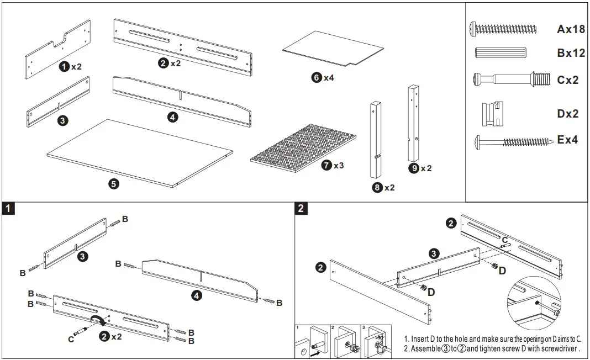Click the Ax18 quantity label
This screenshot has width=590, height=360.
coord(570,29)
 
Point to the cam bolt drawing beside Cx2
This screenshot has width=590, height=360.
coord(511,79)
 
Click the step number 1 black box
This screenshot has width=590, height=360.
coord(8,208)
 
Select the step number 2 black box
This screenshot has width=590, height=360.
coord(301,208)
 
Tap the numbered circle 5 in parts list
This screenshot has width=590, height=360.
coord(114,184)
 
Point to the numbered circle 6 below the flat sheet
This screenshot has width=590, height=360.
coord(317,78)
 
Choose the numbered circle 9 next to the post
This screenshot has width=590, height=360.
coord(413,168)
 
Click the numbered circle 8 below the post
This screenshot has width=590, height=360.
coord(377,188)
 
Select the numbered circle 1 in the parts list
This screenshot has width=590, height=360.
coord(65,66)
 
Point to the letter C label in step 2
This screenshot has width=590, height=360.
coord(504,240)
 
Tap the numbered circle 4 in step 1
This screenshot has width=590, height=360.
coord(196,295)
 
